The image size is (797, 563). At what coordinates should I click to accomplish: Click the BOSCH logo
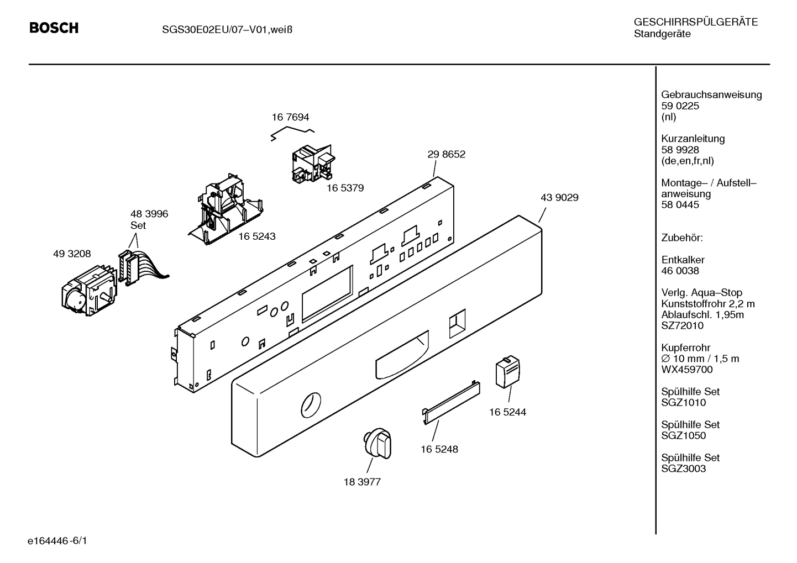pyautogui.click(x=54, y=28)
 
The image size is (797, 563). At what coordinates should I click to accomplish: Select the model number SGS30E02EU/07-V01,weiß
pyautogui.click(x=227, y=30)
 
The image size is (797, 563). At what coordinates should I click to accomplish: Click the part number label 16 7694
pyautogui.click(x=290, y=117)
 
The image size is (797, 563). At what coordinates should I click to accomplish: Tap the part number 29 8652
pyautogui.click(x=446, y=154)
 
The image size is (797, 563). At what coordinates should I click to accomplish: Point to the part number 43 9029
pyautogui.click(x=559, y=197)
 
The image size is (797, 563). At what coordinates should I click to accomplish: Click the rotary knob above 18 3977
pyautogui.click(x=377, y=443)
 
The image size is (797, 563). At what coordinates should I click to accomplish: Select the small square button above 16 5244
pyautogui.click(x=508, y=371)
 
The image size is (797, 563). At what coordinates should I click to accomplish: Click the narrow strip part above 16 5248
pyautogui.click(x=451, y=403)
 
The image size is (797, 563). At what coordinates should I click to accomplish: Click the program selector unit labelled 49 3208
pyautogui.click(x=89, y=291)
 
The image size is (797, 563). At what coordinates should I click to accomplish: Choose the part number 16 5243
pyautogui.click(x=256, y=236)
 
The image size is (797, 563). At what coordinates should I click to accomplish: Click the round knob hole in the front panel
pyautogui.click(x=311, y=405)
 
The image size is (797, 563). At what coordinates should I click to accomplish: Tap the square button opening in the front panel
pyautogui.click(x=457, y=323)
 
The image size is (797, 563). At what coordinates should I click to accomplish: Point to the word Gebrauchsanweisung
pyautogui.click(x=711, y=95)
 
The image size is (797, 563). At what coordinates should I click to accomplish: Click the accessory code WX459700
pyautogui.click(x=686, y=370)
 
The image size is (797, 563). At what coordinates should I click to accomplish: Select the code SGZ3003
pyautogui.click(x=683, y=469)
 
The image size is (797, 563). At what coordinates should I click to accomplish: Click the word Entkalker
pyautogui.click(x=683, y=260)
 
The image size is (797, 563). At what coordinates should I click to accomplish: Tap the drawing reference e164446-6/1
pyautogui.click(x=57, y=541)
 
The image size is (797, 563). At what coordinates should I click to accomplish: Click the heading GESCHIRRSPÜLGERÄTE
pyautogui.click(x=696, y=23)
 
